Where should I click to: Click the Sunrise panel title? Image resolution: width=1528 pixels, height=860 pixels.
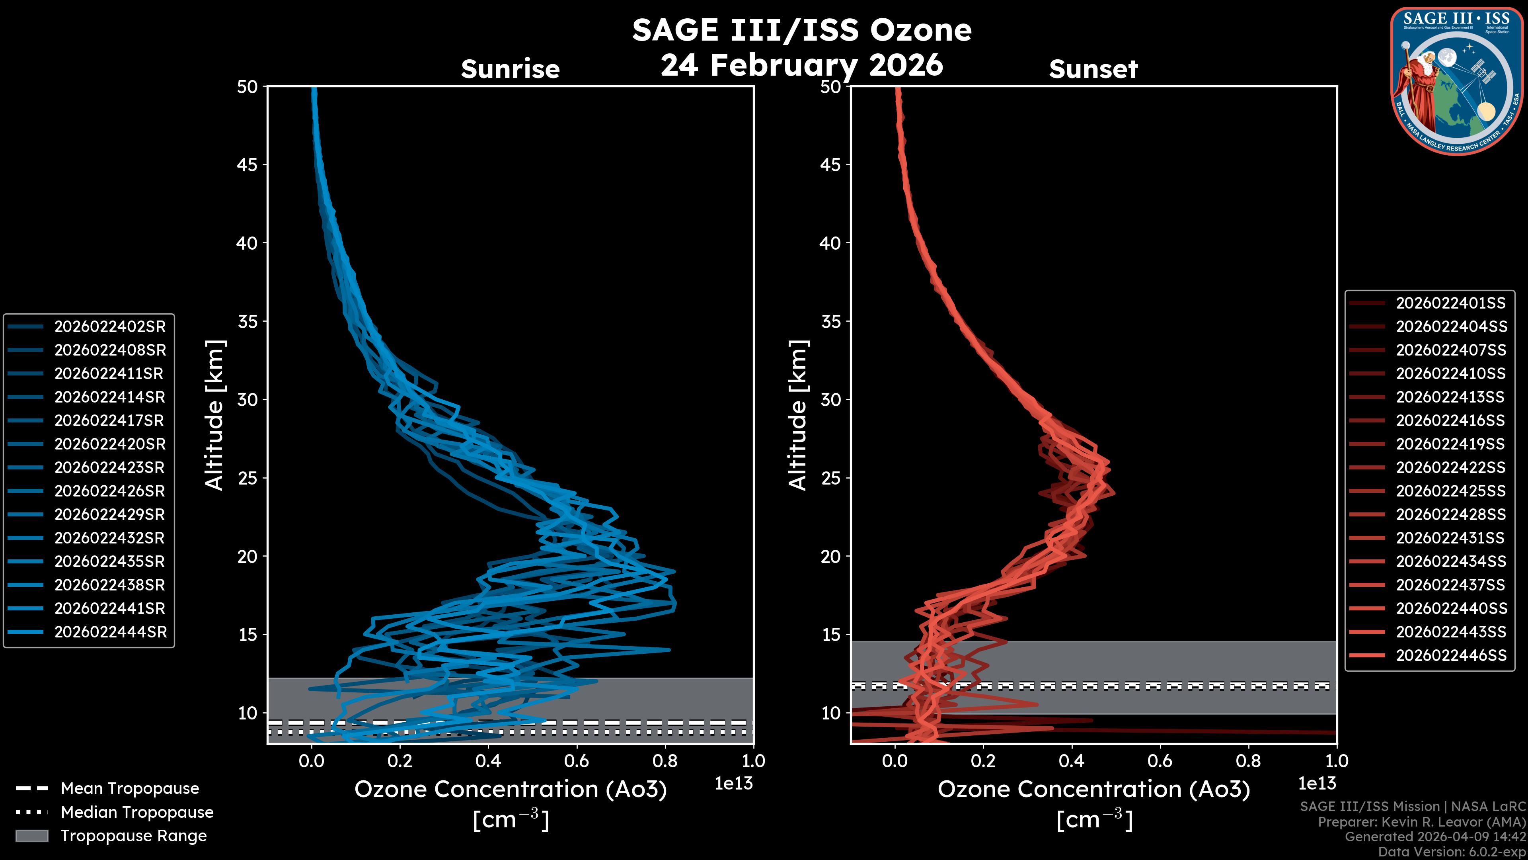(510, 69)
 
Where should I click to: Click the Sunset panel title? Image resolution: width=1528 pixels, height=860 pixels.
(1093, 69)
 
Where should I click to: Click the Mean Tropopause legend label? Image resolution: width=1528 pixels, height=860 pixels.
(130, 788)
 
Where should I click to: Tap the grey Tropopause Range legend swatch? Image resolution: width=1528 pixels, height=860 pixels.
(31, 836)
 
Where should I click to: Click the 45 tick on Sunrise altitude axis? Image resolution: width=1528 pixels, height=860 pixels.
(248, 164)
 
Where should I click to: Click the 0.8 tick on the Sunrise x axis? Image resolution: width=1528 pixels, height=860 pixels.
(665, 761)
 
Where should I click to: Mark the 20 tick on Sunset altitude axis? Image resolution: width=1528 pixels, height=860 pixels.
(830, 557)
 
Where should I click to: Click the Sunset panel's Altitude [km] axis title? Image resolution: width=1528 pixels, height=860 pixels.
(798, 415)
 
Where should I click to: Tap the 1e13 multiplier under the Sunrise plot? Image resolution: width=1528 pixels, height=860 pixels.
(734, 784)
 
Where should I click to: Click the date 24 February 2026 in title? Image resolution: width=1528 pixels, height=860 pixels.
(802, 64)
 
